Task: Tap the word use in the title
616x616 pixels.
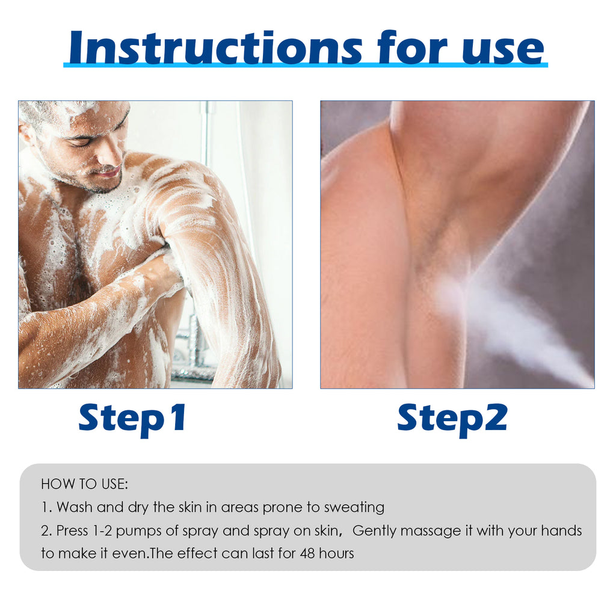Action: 503,51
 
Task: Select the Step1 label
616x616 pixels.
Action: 133,419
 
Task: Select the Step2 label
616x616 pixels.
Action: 452,419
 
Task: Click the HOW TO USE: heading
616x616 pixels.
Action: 84,484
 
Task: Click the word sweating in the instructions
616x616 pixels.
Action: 354,508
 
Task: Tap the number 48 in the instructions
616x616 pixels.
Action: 307,553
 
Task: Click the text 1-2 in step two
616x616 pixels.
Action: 102,531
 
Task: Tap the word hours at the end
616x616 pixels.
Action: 336,553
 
